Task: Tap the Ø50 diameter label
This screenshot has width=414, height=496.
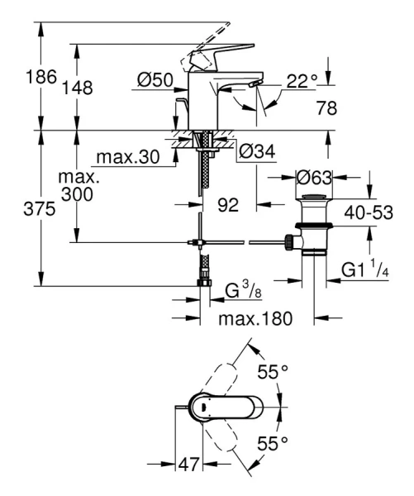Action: (x=155, y=79)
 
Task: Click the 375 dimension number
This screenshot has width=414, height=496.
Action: (x=21, y=210)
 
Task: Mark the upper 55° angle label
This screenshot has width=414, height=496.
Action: (x=272, y=373)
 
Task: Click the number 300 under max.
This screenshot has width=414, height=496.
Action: (x=75, y=195)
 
